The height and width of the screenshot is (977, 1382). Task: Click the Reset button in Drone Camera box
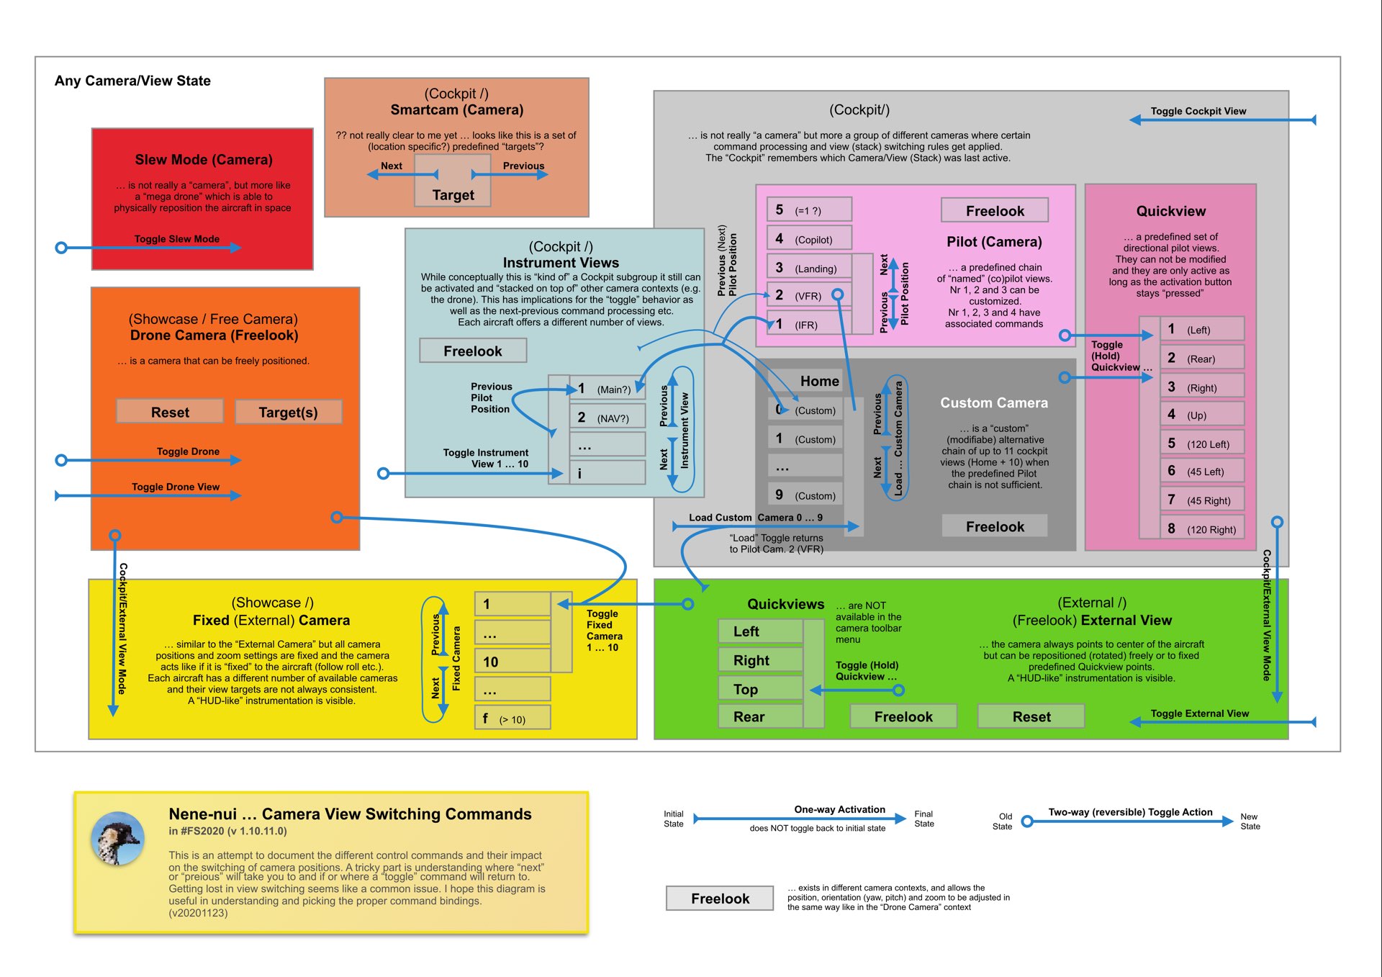coord(170,412)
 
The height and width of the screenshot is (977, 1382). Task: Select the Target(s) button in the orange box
coord(288,412)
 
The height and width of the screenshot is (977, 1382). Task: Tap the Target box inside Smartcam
coord(453,194)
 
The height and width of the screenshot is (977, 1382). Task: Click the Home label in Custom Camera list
coord(819,381)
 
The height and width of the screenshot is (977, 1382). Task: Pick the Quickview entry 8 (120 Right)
coord(1202,528)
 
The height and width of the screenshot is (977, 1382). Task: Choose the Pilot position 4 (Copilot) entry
coord(808,238)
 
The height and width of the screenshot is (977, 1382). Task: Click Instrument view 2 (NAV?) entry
coord(607,418)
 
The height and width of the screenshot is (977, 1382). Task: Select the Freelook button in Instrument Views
coord(473,351)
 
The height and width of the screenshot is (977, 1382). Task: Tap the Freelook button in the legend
coord(720,899)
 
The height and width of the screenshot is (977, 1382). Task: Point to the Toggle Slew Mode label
coord(176,239)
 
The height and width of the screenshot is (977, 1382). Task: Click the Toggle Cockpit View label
coord(1198,111)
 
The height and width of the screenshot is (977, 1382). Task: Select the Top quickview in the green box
coord(760,689)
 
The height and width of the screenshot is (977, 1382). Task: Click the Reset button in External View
coord(1031,716)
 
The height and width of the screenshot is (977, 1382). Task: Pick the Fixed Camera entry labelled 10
coord(512,662)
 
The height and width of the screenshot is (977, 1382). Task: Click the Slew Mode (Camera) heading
coord(204,160)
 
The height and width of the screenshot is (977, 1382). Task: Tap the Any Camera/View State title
coord(132,81)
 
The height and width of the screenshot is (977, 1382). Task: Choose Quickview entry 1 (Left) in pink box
coord(1202,329)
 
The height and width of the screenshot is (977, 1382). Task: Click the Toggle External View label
coord(1199,713)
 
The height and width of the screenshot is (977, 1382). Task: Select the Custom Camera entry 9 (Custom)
coord(805,495)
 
